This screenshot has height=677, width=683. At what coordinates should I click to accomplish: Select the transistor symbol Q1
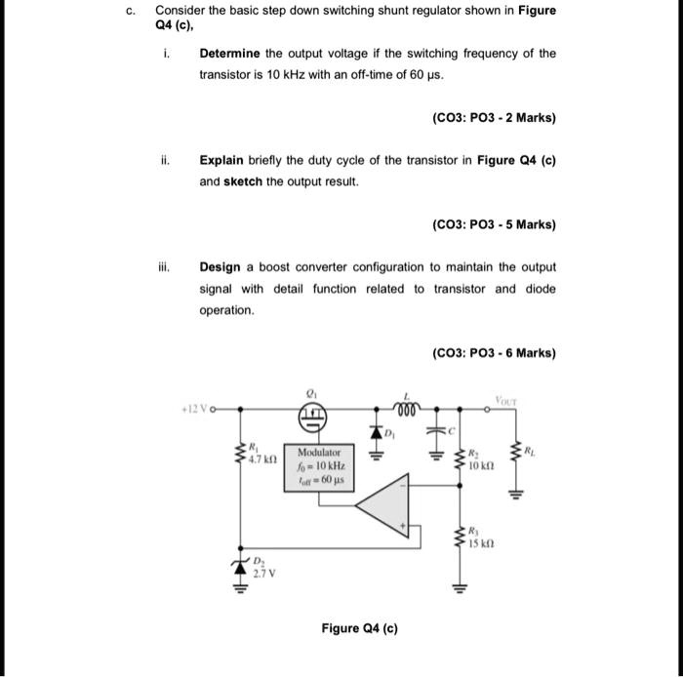tap(315, 418)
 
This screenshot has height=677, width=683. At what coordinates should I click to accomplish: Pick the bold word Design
tap(221, 266)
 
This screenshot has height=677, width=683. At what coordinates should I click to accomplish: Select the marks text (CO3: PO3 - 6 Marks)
tap(493, 353)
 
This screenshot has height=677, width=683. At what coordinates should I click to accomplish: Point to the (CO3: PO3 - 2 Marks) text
tap(493, 118)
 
